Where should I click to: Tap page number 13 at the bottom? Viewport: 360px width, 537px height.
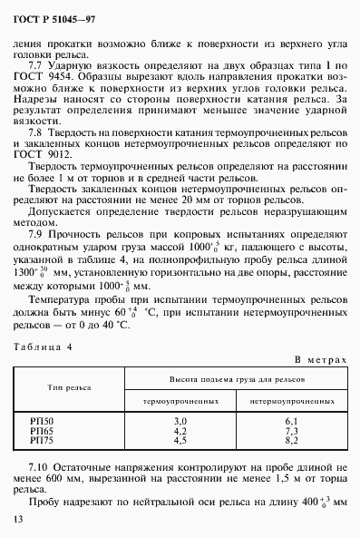click(x=18, y=519)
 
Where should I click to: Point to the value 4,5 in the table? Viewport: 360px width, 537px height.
click(x=180, y=440)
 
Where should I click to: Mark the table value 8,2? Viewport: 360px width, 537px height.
click(x=292, y=440)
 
